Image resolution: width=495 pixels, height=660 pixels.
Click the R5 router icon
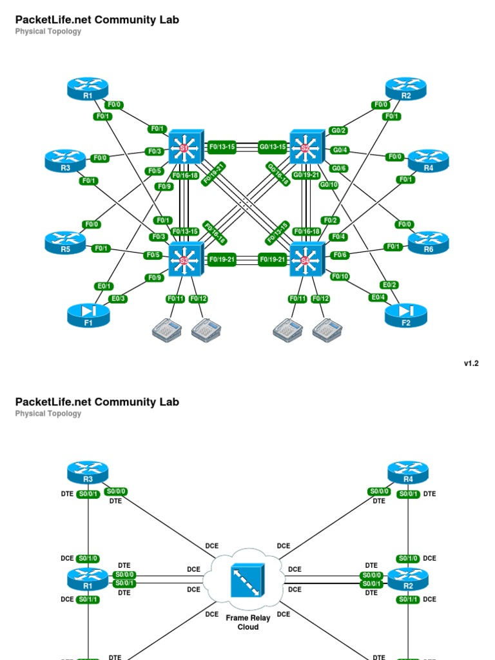pyautogui.click(x=65, y=242)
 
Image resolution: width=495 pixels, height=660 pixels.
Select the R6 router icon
pyautogui.click(x=429, y=242)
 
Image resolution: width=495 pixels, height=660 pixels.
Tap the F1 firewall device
pyautogui.click(x=88, y=314)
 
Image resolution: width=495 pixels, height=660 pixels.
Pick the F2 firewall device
pyautogui.click(x=406, y=314)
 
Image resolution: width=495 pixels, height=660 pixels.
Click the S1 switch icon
pyautogui.click(x=186, y=147)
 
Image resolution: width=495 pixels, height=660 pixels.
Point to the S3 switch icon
pyautogui.click(x=186, y=260)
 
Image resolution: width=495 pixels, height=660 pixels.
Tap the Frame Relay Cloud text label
pyautogui.click(x=247, y=622)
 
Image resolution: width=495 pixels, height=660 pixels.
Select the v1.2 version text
pyautogui.click(x=471, y=364)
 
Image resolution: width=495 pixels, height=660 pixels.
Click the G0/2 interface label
pyautogui.click(x=338, y=130)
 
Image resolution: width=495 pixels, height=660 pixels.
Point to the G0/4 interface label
pyautogui.click(x=338, y=150)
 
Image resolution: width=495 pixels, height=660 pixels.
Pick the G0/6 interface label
pyautogui.click(x=338, y=168)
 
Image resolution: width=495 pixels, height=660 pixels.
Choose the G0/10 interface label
pyautogui.click(x=329, y=185)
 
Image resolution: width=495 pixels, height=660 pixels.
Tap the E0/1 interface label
pyautogui.click(x=104, y=286)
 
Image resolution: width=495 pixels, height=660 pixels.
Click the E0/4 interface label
pyautogui.click(x=378, y=297)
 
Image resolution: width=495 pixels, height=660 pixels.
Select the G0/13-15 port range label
pyautogui.click(x=273, y=147)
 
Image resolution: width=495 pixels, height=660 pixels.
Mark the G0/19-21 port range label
pyautogui.click(x=306, y=175)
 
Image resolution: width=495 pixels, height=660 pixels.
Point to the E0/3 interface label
pyautogui.click(x=119, y=298)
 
